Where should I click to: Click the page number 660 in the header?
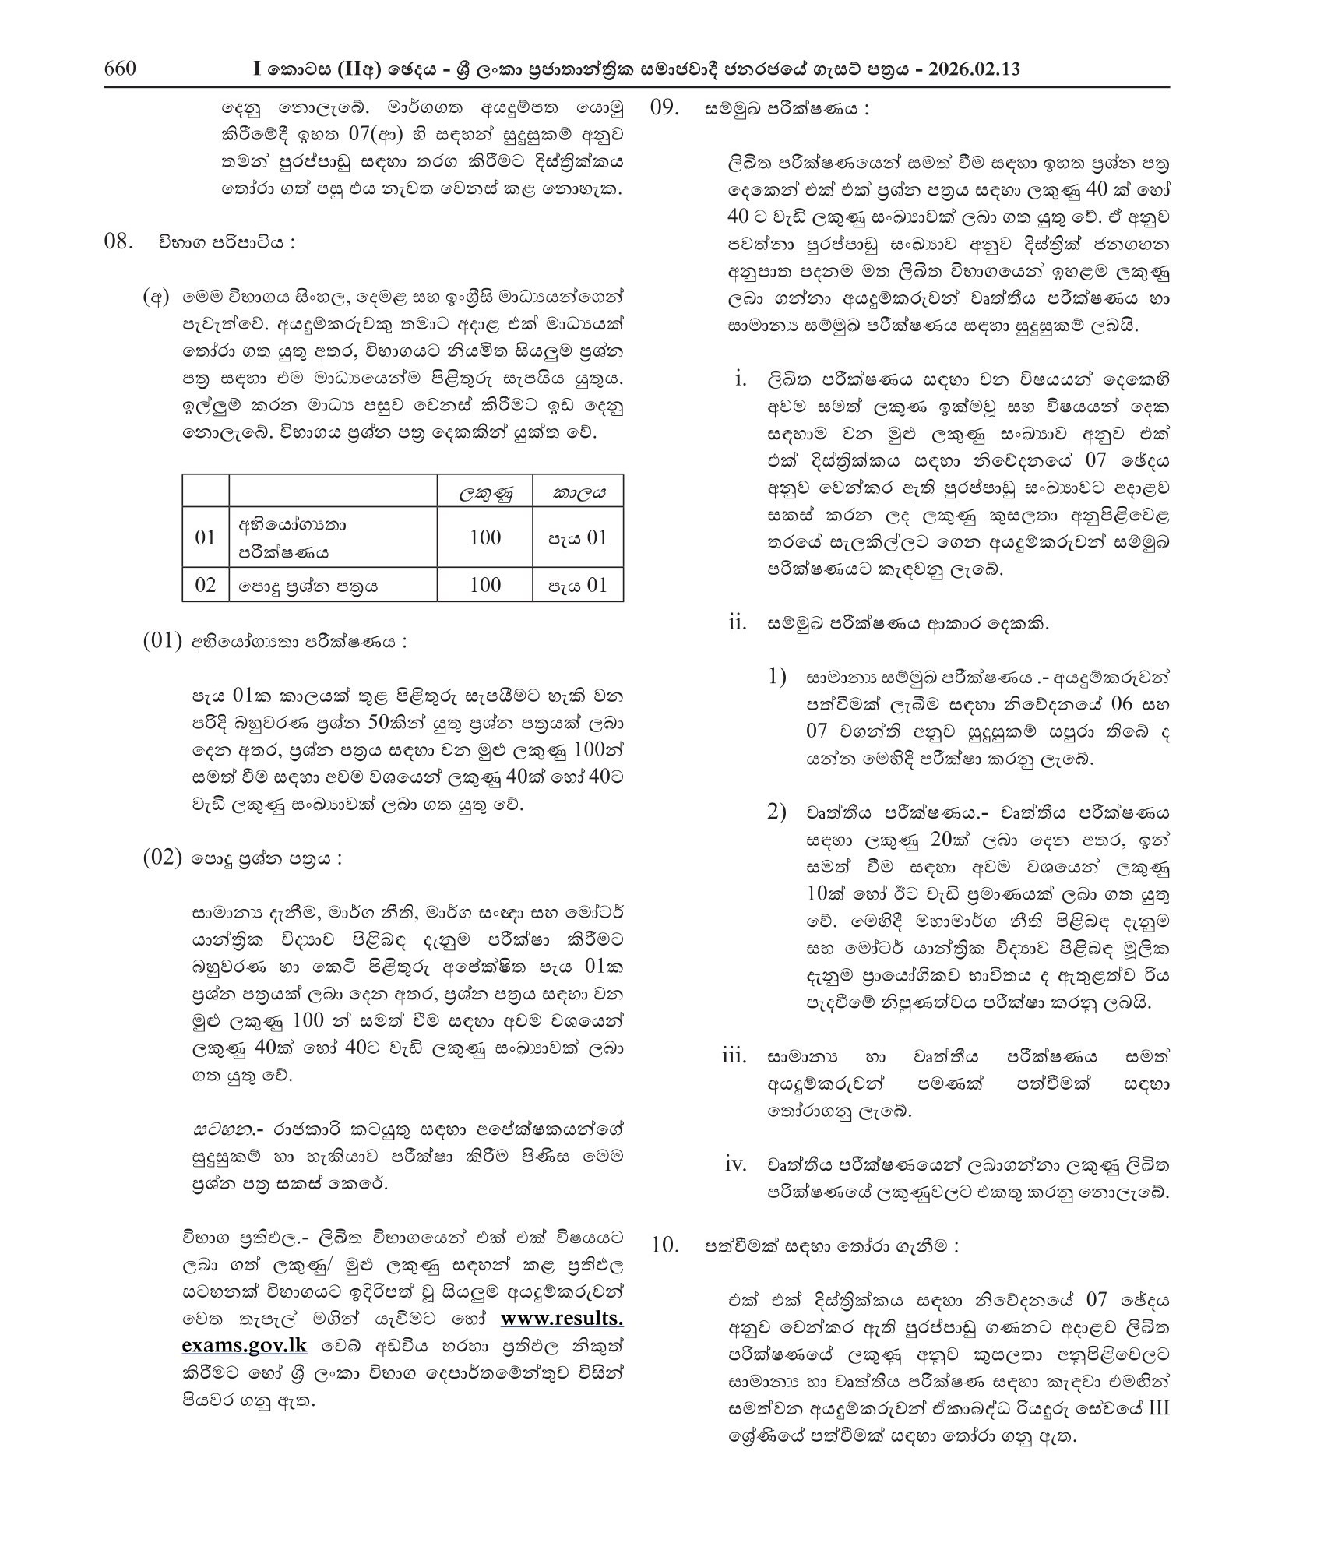(121, 69)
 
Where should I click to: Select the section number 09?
(667, 107)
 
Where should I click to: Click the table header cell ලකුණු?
(484, 491)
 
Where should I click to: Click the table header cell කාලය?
(578, 491)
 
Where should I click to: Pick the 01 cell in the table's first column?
(206, 537)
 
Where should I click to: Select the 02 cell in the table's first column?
(206, 585)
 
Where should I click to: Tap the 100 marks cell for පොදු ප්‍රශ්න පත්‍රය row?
(484, 585)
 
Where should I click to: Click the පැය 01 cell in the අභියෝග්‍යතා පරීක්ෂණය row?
(577, 537)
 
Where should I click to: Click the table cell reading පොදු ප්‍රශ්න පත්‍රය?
(309, 586)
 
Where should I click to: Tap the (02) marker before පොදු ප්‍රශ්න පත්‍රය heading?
(162, 859)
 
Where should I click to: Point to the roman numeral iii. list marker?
(734, 1057)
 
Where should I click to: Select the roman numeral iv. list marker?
(735, 1164)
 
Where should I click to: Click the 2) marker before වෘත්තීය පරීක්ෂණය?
(776, 812)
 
